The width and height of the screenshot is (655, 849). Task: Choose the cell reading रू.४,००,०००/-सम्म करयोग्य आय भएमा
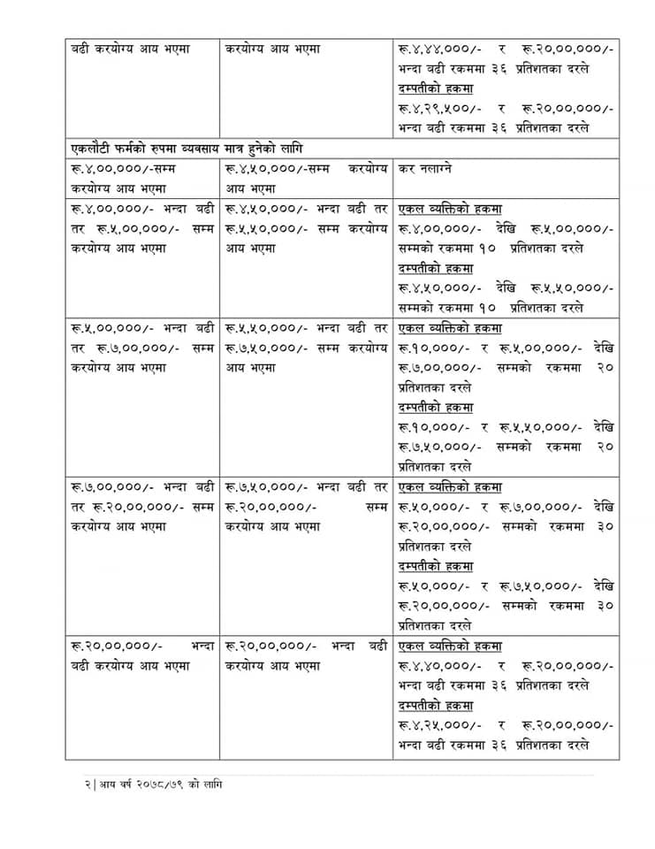[x=141, y=178]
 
